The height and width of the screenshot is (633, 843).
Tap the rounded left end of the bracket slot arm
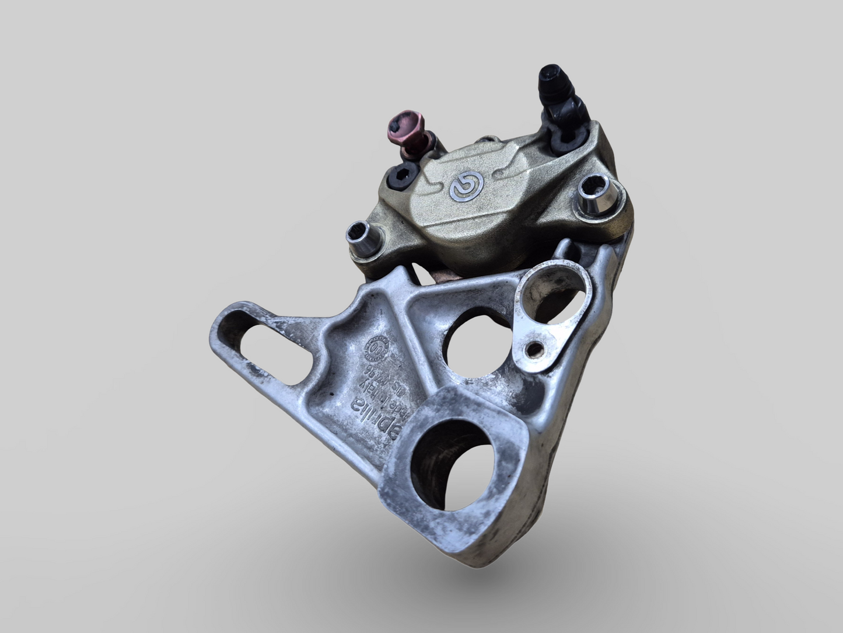click(219, 334)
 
